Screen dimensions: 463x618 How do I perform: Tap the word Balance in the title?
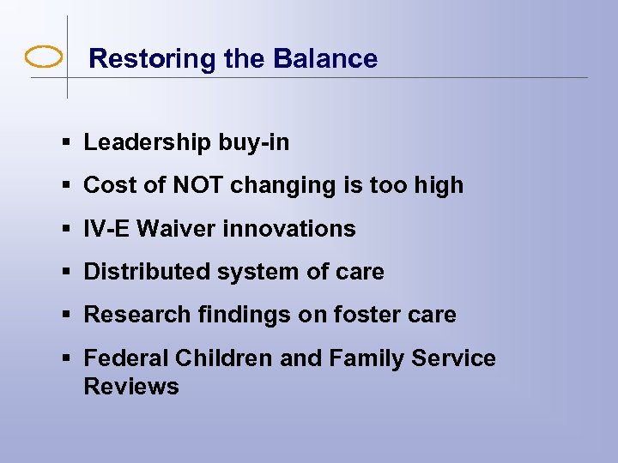[325, 59]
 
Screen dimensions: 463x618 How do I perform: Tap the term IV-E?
[107, 229]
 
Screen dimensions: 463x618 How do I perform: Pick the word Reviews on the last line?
[131, 387]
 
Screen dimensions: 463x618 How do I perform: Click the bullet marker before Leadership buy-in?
[66, 143]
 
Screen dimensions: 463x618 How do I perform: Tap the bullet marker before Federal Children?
[66, 358]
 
